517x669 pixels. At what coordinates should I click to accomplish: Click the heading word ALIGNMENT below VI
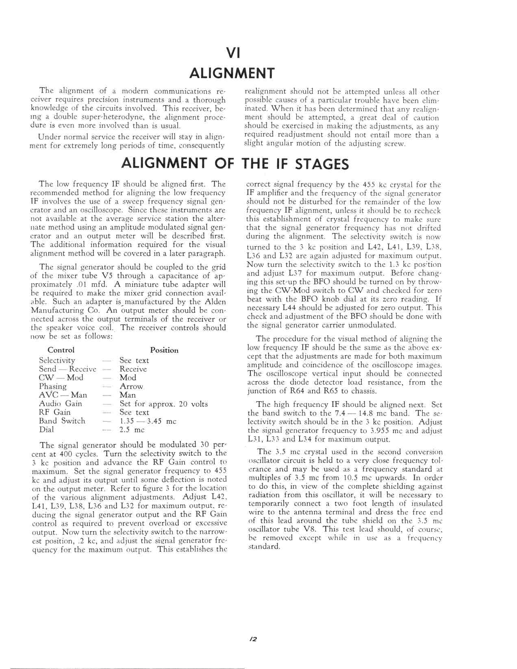coord(232,74)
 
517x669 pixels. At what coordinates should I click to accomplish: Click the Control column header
coord(61,350)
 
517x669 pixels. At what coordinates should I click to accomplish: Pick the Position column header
coord(164,350)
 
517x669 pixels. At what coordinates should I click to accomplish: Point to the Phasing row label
coord(53,386)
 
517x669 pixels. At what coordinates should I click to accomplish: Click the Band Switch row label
coord(62,421)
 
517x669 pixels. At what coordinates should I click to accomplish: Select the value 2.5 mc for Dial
coord(132,430)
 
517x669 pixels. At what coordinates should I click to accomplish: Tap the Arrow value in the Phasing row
coord(131,387)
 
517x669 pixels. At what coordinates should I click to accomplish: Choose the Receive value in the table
coord(133,369)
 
